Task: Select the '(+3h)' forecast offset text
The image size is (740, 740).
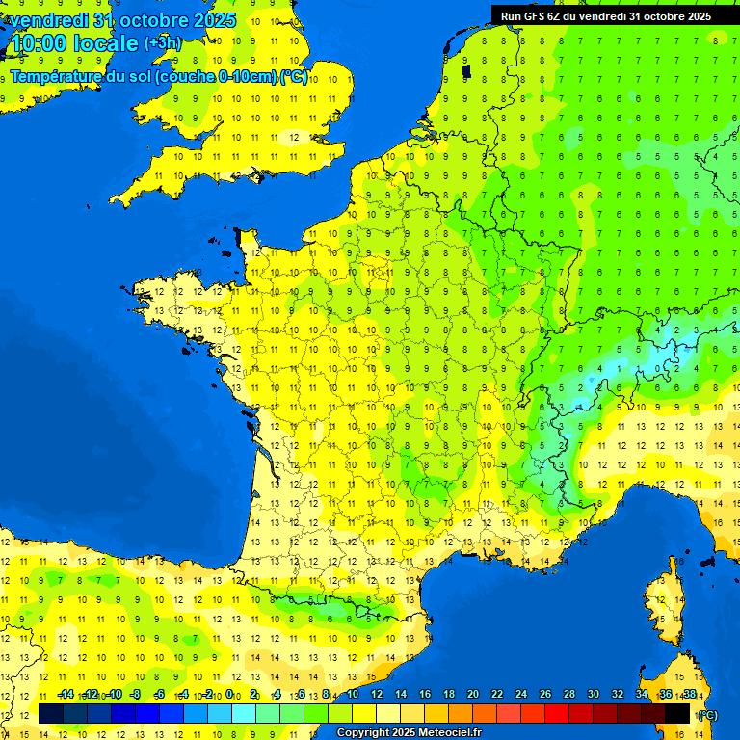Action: (161, 43)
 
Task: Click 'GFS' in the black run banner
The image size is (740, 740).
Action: (535, 15)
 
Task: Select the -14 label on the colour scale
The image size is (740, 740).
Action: (66, 694)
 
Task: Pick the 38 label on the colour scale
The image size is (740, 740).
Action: (689, 694)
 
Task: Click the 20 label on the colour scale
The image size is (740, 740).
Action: (473, 694)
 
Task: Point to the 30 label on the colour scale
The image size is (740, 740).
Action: (593, 694)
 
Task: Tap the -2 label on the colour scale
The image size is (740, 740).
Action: (207, 694)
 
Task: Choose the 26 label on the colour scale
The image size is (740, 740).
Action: (545, 694)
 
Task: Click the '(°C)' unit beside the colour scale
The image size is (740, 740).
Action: (708, 714)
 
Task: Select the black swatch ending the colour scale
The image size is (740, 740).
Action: (677, 713)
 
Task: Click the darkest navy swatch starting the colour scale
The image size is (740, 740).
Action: (51, 713)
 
